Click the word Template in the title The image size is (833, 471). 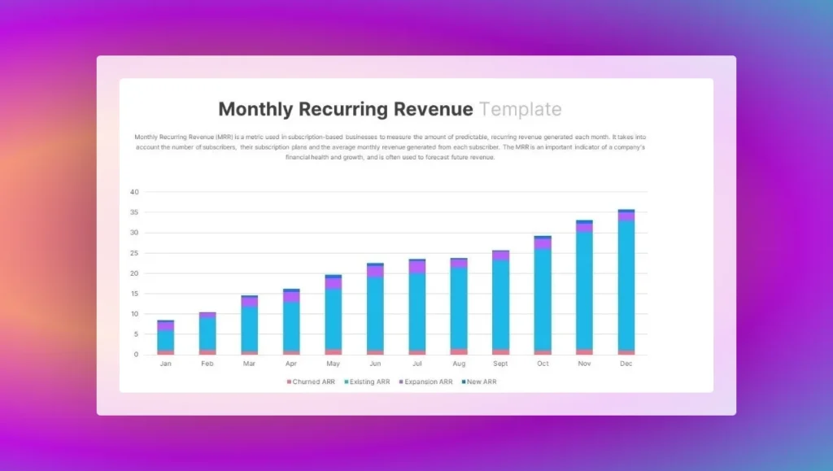520,110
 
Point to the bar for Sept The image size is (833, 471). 500,303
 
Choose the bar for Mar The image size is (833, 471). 249,326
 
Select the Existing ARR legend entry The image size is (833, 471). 369,382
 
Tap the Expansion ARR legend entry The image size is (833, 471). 426,382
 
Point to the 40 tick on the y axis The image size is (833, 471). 134,193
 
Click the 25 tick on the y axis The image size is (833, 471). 134,253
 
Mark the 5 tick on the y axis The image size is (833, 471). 136,334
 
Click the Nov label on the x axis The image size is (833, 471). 584,364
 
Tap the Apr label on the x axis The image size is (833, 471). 291,364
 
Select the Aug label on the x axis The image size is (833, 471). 459,364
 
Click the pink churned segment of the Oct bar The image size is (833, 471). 543,352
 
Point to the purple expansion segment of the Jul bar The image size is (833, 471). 416,267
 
